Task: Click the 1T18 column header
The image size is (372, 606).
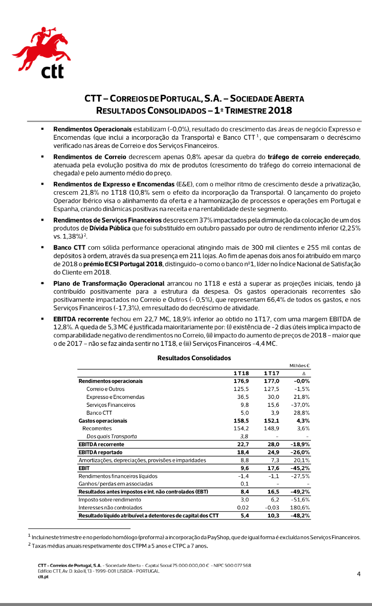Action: [x=242, y=373]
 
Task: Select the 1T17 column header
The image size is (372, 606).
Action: [x=271, y=373]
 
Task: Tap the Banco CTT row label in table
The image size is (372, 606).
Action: [x=99, y=413]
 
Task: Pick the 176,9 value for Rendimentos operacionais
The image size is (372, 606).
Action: [x=241, y=381]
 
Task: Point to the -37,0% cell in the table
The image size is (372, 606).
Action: [x=300, y=405]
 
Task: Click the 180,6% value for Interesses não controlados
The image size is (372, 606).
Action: [x=300, y=507]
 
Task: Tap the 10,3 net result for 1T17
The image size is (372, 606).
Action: [x=272, y=516]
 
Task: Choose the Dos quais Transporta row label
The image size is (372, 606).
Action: [x=112, y=437]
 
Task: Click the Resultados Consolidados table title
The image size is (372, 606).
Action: [x=194, y=357]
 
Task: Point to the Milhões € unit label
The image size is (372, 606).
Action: [x=300, y=365]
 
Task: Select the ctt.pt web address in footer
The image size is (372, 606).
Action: [x=43, y=577]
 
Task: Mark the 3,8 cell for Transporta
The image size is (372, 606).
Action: [x=244, y=437]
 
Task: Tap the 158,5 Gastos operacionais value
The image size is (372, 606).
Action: [x=241, y=421]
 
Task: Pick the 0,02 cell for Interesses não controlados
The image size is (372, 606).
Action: [x=243, y=507]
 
